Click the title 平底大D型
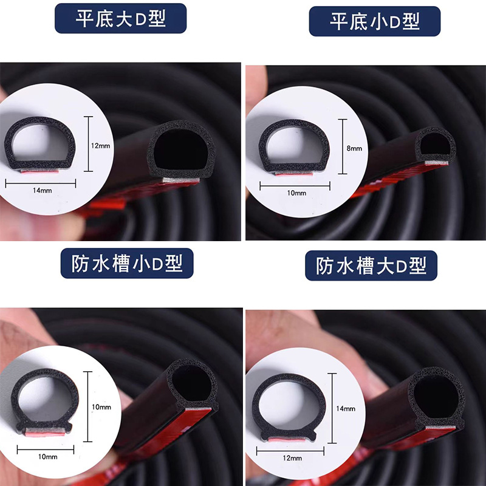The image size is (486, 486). click(120, 18)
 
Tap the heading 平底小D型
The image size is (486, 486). click(375, 21)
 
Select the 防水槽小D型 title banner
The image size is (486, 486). click(127, 263)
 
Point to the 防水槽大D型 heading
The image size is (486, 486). click(371, 265)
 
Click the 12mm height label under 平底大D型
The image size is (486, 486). click(100, 146)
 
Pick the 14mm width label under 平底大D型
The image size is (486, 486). click(43, 190)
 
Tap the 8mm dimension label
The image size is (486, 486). click(354, 148)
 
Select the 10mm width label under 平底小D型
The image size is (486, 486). click(296, 193)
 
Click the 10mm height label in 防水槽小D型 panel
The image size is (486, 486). click(101, 407)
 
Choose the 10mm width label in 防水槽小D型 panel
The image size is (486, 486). click(48, 457)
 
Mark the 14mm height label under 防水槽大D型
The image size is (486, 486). click(346, 408)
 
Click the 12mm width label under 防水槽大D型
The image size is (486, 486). click(292, 458)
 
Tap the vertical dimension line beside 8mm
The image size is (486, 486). click(343, 146)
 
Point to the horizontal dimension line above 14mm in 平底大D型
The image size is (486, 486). click(41, 183)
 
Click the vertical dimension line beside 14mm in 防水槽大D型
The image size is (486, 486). click(332, 408)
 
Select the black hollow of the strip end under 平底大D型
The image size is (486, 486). click(180, 149)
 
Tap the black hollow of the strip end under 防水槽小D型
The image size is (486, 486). click(192, 383)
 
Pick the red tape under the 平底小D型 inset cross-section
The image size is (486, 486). click(294, 174)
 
